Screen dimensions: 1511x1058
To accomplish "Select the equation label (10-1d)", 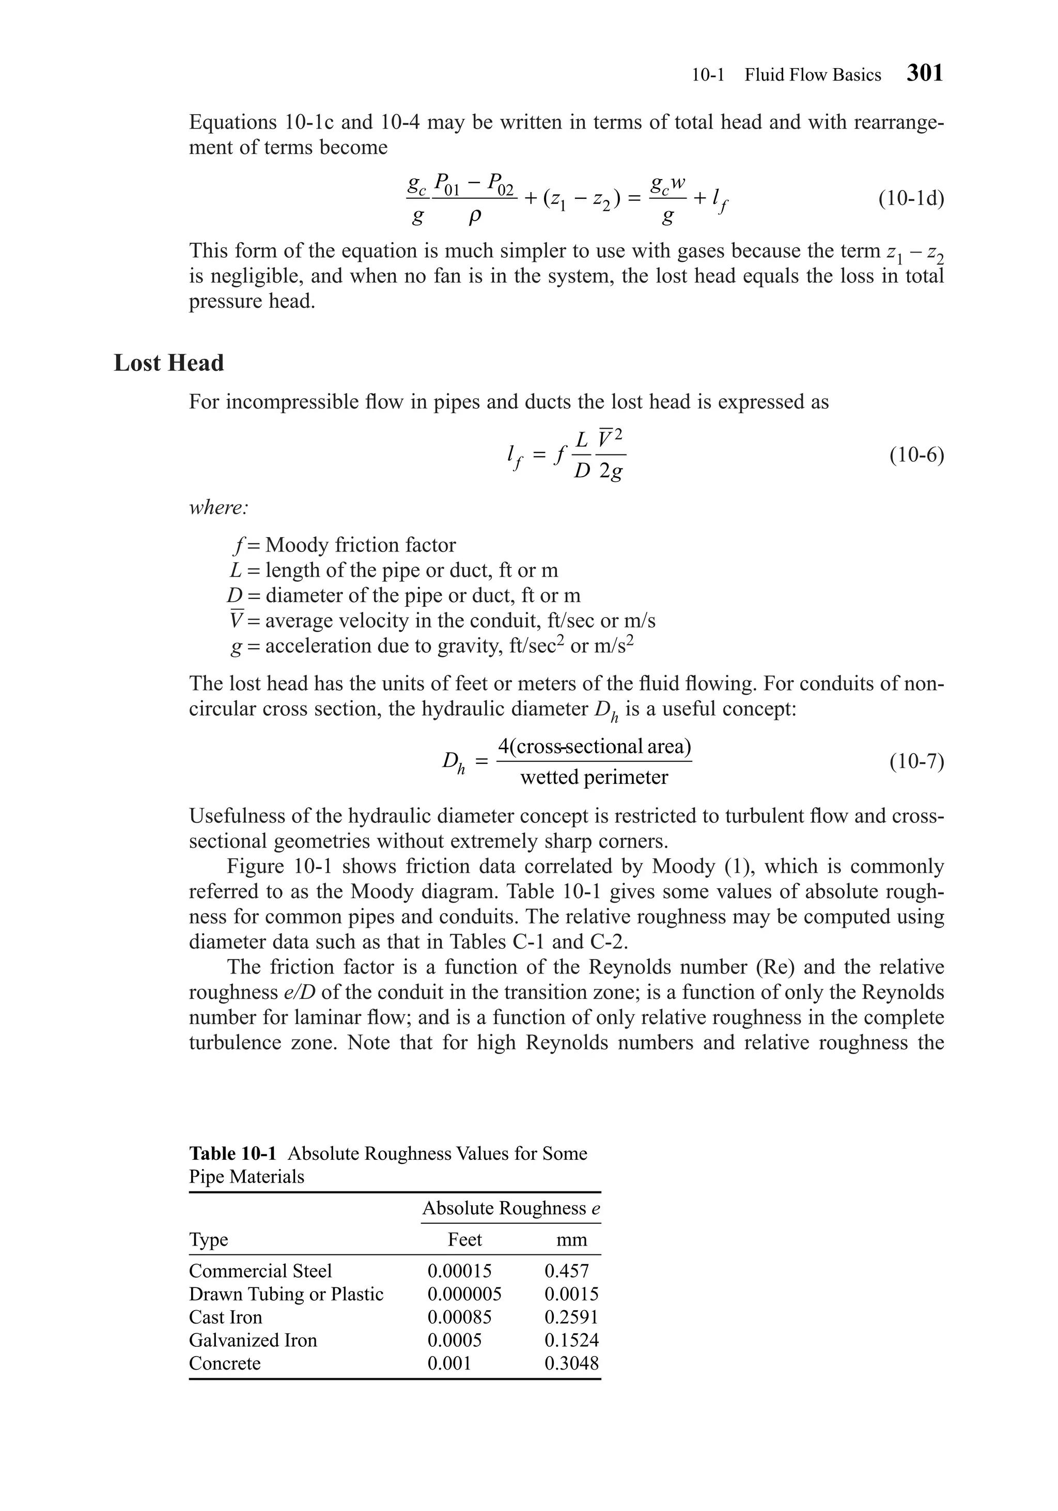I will (x=911, y=198).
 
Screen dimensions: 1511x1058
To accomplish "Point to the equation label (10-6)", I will (x=916, y=455).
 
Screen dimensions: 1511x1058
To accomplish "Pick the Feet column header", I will (x=465, y=1239).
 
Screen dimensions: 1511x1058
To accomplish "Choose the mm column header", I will (x=571, y=1240).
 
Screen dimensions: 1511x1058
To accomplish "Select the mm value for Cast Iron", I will (x=571, y=1317).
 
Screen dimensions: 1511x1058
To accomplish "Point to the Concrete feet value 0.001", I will (x=449, y=1363).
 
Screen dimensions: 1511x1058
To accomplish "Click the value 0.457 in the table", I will (x=566, y=1271).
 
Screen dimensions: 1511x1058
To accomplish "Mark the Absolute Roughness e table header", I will (x=511, y=1208).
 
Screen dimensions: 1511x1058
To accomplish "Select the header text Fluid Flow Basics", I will (x=813, y=75).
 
